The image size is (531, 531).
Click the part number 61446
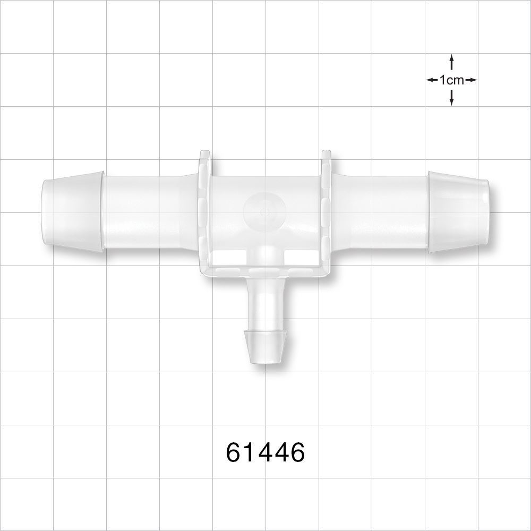[265, 452]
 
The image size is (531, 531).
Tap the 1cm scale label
[451, 80]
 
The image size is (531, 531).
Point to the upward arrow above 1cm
[451, 62]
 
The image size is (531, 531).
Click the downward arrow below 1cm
[451, 97]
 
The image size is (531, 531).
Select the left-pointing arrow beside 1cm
[432, 80]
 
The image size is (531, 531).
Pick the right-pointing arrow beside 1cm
[472, 80]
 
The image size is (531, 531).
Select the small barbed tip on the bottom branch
[265, 346]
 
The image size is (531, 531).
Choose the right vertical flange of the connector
[327, 212]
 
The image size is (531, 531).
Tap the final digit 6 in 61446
[297, 452]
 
